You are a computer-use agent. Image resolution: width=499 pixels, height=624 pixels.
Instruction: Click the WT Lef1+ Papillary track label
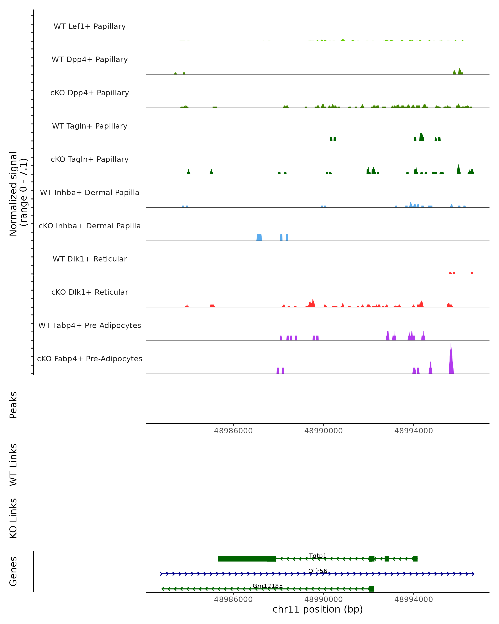click(x=90, y=26)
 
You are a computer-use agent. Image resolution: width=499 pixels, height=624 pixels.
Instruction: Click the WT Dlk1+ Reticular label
click(x=90, y=259)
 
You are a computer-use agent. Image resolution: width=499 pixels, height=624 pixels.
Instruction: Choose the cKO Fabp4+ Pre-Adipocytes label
click(x=90, y=359)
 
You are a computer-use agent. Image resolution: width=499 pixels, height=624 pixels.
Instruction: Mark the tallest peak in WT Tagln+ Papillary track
click(x=421, y=137)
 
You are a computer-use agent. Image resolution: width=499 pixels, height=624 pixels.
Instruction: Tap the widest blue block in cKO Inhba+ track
click(x=259, y=237)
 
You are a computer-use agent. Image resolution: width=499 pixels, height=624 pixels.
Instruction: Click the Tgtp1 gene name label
click(x=318, y=556)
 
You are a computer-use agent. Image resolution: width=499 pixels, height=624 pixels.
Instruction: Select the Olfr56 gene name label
click(x=318, y=571)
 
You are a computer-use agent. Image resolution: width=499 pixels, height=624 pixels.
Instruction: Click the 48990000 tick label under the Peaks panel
click(x=323, y=431)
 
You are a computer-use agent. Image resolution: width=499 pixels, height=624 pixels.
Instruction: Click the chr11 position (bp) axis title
click(x=318, y=609)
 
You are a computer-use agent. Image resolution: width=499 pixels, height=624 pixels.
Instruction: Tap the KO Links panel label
click(x=13, y=518)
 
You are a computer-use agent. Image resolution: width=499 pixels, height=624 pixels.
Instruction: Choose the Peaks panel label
click(x=13, y=405)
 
